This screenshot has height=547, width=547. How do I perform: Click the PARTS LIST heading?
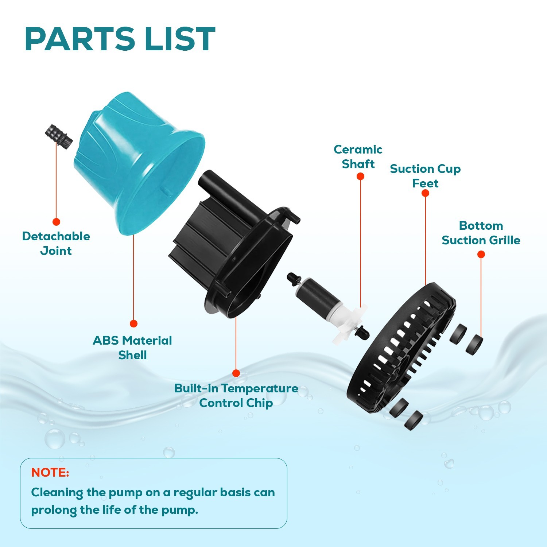click(x=120, y=39)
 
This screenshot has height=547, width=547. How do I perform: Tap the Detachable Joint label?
click(x=56, y=244)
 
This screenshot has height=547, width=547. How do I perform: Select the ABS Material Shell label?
click(x=132, y=348)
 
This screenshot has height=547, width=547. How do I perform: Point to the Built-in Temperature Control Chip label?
click(x=236, y=396)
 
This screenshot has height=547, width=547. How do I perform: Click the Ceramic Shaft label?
click(x=358, y=157)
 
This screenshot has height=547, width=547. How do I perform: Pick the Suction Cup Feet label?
click(x=425, y=176)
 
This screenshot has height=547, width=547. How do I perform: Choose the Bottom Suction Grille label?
click(x=481, y=233)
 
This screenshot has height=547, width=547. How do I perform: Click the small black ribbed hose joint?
click(x=59, y=135)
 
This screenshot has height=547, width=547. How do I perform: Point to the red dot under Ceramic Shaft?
click(x=360, y=176)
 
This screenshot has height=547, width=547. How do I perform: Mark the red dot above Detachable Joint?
click(x=56, y=222)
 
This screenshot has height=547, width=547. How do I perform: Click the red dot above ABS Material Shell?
click(x=133, y=323)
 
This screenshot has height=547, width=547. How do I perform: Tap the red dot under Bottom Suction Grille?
click(x=481, y=254)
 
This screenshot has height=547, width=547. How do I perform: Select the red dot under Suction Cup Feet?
click(x=425, y=193)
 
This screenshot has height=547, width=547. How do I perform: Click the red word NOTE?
click(x=50, y=473)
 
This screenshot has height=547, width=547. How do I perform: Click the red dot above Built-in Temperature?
click(x=236, y=373)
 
